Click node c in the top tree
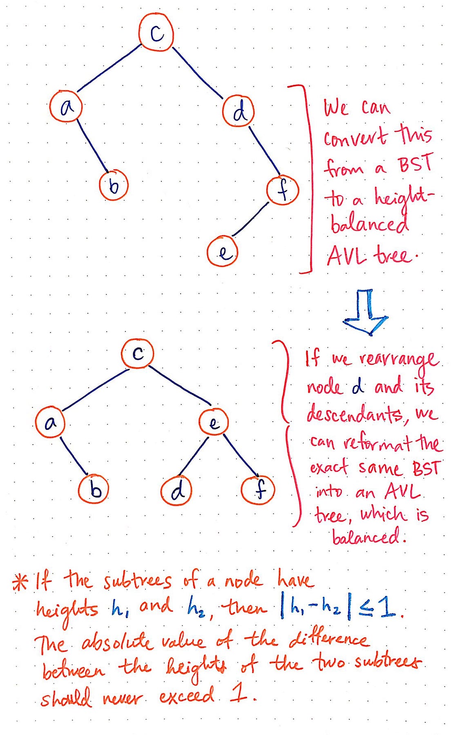(x=156, y=33)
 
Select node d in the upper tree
(x=239, y=111)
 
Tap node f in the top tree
(x=283, y=190)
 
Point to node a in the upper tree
(x=66, y=107)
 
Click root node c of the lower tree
(x=138, y=353)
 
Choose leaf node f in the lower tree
(x=258, y=490)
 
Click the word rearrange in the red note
(x=399, y=359)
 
